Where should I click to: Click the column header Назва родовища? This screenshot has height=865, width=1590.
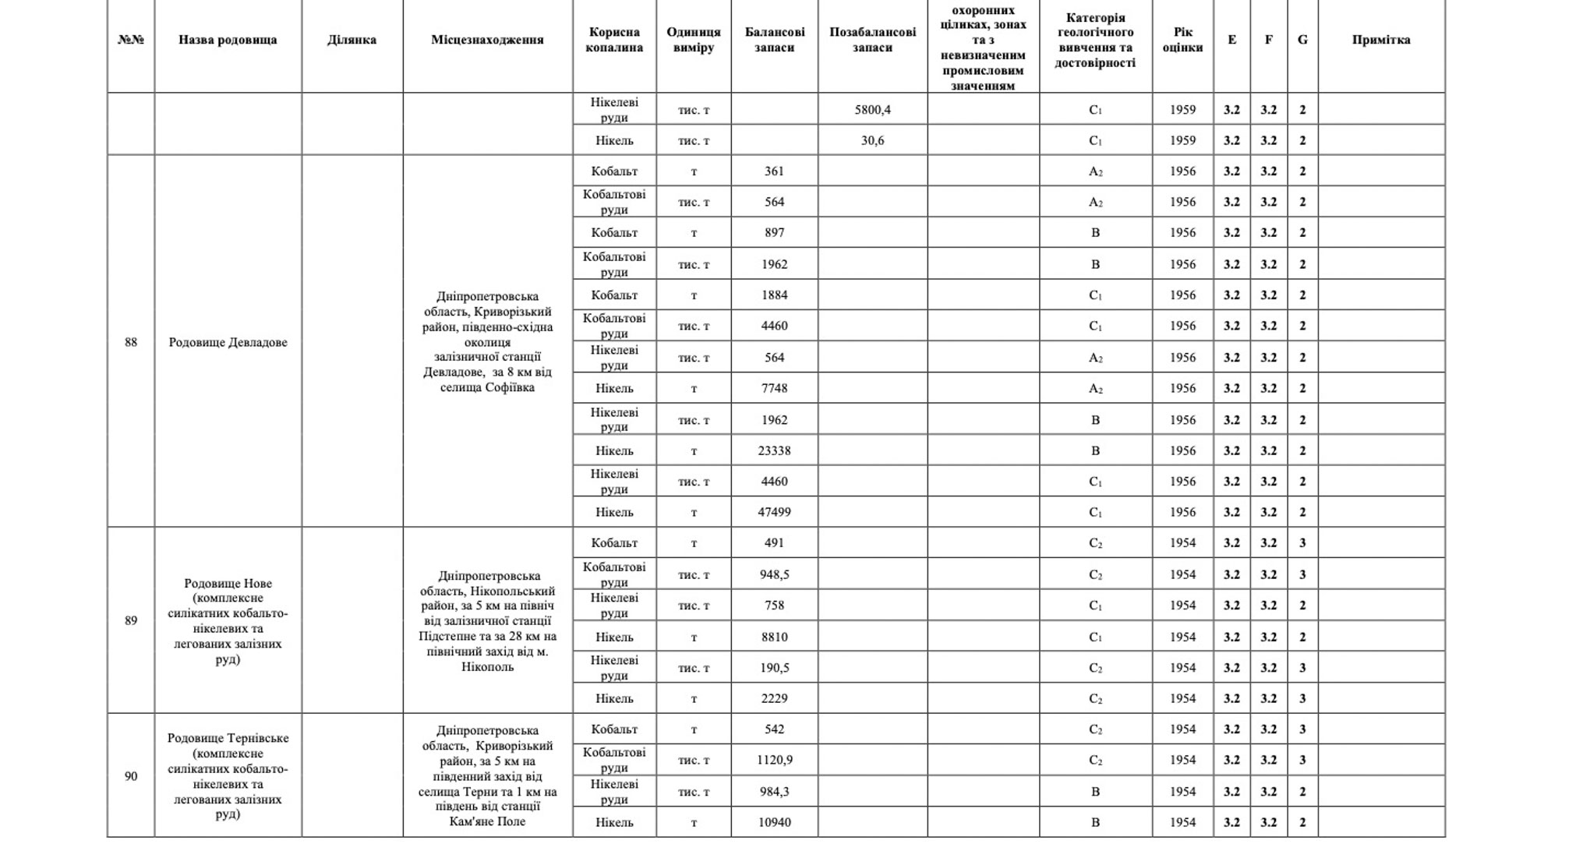pos(228,40)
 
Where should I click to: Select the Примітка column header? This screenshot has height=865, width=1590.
pos(1380,40)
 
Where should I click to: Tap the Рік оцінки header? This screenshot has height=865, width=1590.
pos(1182,40)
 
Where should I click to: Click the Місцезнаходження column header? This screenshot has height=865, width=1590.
pos(487,40)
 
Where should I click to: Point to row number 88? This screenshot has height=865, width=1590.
pos(131,342)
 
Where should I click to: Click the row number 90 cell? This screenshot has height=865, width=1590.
pos(131,776)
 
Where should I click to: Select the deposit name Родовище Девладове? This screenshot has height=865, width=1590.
pos(228,342)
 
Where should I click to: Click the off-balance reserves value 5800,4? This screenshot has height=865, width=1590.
pos(872,110)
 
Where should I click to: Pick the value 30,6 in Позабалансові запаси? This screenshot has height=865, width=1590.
pos(872,140)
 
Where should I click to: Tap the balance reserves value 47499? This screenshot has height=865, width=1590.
pos(774,512)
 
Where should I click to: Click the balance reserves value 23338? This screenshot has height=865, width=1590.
pos(774,450)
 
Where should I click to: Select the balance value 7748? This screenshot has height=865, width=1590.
pos(774,388)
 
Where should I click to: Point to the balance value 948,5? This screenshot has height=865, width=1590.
pos(774,574)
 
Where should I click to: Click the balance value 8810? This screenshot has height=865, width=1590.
pos(774,637)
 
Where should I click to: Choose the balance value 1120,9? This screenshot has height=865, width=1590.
pos(774,760)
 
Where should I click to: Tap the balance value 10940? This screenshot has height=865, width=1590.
pos(774,822)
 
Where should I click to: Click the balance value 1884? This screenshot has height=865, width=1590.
pos(774,295)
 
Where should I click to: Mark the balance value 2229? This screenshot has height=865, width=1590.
pos(774,698)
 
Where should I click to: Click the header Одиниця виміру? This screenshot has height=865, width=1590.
pos(693,40)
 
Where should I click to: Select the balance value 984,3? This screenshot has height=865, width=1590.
pos(774,791)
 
